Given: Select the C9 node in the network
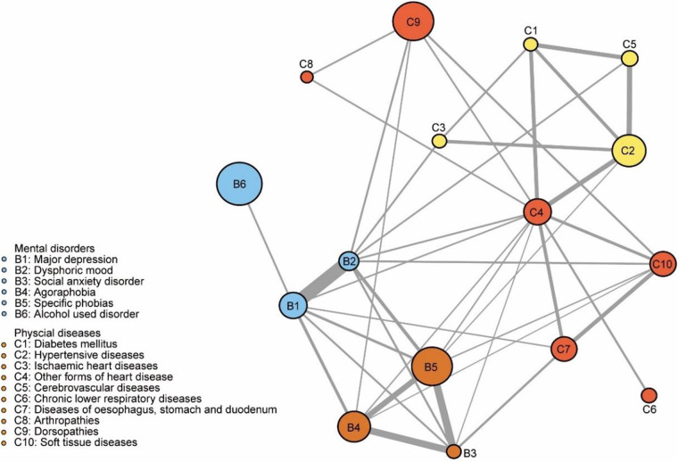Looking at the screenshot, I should [414, 21].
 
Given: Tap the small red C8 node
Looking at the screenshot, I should [307, 78].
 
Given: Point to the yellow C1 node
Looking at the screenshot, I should [530, 44].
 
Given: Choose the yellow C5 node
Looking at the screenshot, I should [629, 58].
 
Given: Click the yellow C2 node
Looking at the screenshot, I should [629, 152].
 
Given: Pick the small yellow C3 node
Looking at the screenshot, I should [439, 141].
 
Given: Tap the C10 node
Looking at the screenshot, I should [661, 264].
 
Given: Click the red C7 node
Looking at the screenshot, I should [563, 350].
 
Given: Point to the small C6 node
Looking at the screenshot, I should [649, 394].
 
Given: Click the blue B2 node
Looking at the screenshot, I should [349, 261].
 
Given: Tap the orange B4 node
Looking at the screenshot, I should [354, 428].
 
